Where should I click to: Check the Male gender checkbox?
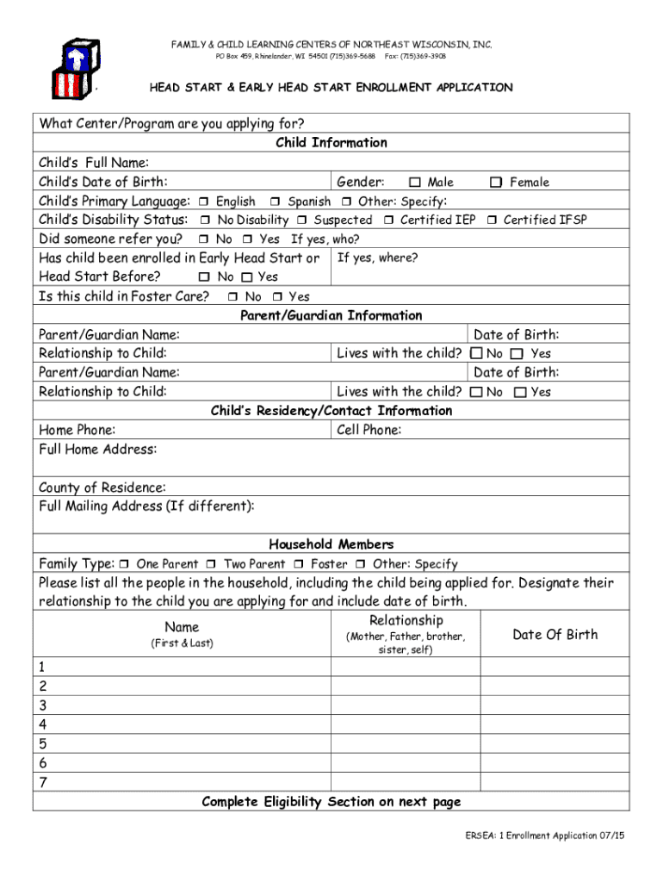tap(416, 183)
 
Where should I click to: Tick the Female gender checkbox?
tap(496, 183)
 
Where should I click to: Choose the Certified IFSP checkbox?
tap(492, 220)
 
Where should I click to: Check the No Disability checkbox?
tap(206, 220)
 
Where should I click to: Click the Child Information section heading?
tap(331, 143)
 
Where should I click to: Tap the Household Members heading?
tap(331, 544)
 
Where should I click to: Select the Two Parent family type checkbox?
tap(212, 564)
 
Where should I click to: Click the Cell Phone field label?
tap(369, 430)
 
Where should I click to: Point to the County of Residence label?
tap(102, 488)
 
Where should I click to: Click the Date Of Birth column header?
tap(555, 635)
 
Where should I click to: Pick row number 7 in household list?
tap(42, 783)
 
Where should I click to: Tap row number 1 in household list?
tap(42, 666)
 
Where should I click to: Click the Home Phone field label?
tap(77, 430)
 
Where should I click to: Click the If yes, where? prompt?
tap(377, 258)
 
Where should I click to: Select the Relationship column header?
tap(406, 621)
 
